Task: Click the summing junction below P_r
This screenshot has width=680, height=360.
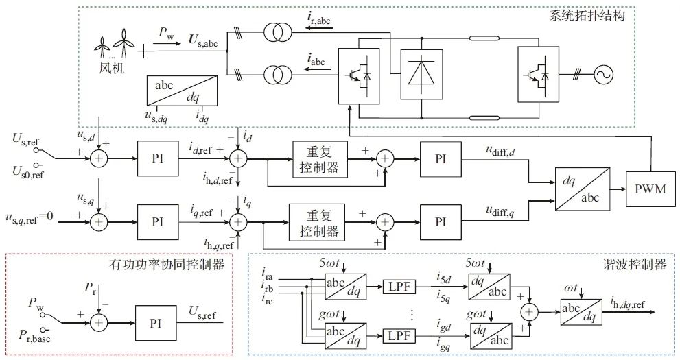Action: (100, 320)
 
